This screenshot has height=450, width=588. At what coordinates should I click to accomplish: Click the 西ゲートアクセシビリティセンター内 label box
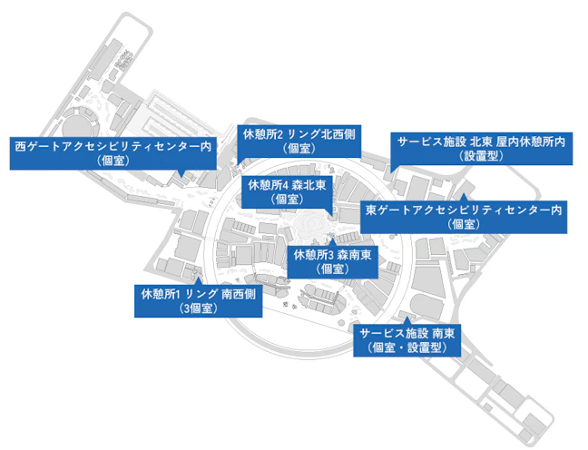(113, 153)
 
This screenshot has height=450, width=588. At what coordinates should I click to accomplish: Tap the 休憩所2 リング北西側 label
(299, 141)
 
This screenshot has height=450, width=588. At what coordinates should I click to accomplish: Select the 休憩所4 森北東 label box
(287, 192)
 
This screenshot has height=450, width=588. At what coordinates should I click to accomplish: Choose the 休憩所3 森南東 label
(333, 262)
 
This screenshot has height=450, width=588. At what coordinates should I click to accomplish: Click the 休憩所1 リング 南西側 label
(199, 301)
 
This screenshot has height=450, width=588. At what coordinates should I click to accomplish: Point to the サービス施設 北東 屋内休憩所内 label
(482, 149)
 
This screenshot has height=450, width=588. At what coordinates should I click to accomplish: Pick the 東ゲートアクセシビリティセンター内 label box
(464, 217)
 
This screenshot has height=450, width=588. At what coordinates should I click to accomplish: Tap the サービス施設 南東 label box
(407, 340)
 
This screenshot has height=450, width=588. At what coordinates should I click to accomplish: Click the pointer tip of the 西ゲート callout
(181, 177)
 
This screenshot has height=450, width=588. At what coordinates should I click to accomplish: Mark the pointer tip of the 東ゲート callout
(464, 193)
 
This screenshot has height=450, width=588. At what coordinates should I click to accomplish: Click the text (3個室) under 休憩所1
(199, 308)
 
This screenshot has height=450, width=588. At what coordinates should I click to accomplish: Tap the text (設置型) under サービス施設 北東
(482, 156)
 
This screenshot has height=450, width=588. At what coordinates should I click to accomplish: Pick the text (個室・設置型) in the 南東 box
(407, 347)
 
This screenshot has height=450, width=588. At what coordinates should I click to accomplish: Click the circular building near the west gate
(81, 122)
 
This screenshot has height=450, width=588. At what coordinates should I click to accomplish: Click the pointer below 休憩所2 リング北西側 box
(240, 161)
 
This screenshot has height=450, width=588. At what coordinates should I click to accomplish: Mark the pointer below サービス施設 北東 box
(393, 168)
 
